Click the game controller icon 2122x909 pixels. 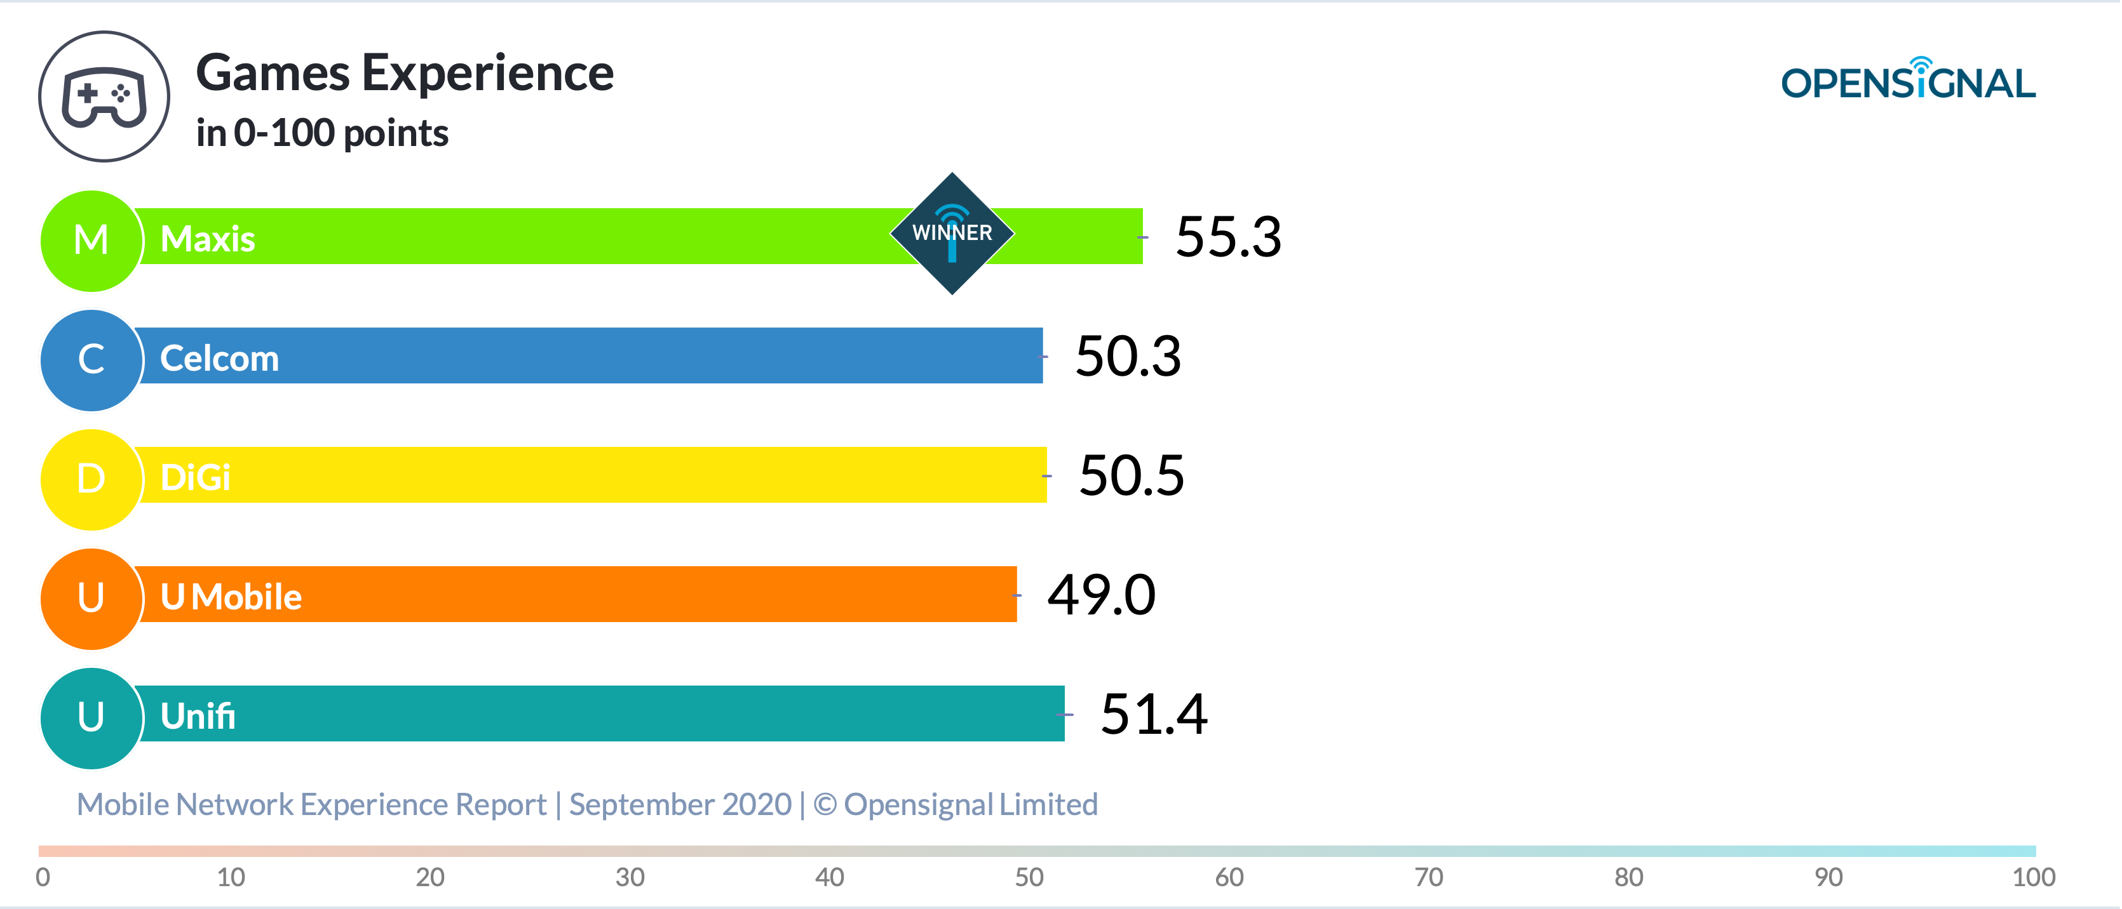[x=105, y=96]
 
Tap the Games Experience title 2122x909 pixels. [x=405, y=73]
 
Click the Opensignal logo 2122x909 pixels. [x=1908, y=79]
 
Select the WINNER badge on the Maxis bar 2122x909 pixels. [x=952, y=233]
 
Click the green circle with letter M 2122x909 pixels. [x=91, y=241]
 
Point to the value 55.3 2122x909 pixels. [x=1228, y=237]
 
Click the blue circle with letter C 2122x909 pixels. [x=91, y=360]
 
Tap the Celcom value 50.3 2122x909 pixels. [x=1128, y=357]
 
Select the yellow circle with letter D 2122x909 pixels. [x=91, y=479]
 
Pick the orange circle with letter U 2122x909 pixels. [x=91, y=599]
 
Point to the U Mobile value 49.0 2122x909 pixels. [x=1102, y=595]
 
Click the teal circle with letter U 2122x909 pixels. [x=91, y=718]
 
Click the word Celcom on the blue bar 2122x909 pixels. [x=219, y=358]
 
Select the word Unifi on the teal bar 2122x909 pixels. [x=198, y=715]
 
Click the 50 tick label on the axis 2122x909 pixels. [x=1029, y=877]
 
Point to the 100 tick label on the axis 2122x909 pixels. [x=2034, y=877]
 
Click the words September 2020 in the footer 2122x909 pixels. [x=680, y=804]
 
